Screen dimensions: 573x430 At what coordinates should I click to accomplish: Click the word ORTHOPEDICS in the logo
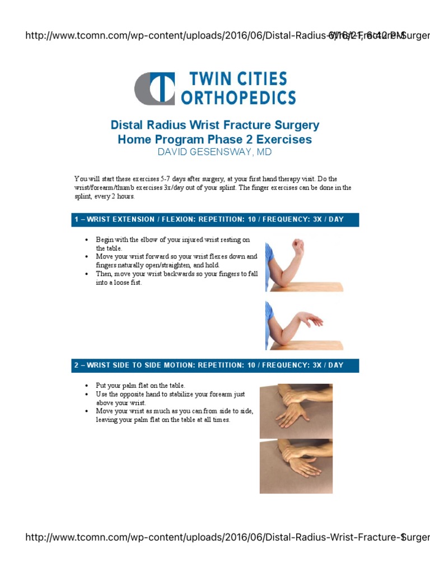[x=239, y=98]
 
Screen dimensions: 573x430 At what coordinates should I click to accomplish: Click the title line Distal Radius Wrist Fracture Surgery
[x=215, y=125]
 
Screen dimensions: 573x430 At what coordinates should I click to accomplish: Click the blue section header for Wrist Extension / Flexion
[x=215, y=219]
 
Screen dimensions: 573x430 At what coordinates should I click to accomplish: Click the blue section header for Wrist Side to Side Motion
[x=215, y=365]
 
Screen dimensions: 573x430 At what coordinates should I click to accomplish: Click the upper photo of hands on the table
[x=296, y=411]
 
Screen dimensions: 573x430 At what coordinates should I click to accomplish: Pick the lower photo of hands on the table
[x=296, y=466]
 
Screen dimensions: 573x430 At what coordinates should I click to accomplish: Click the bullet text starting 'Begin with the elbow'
[x=172, y=243]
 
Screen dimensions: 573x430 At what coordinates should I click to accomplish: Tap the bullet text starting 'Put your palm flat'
[x=140, y=386]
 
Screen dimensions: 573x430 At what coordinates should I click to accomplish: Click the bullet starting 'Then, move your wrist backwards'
[x=176, y=278]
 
